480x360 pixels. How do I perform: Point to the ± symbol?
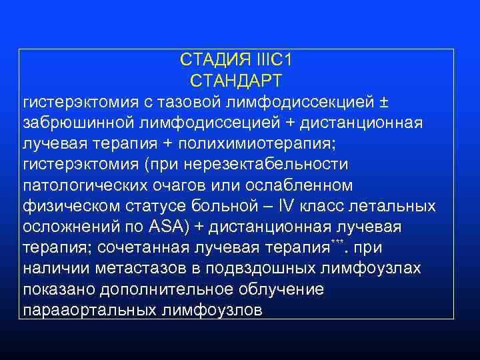coord(384,102)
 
